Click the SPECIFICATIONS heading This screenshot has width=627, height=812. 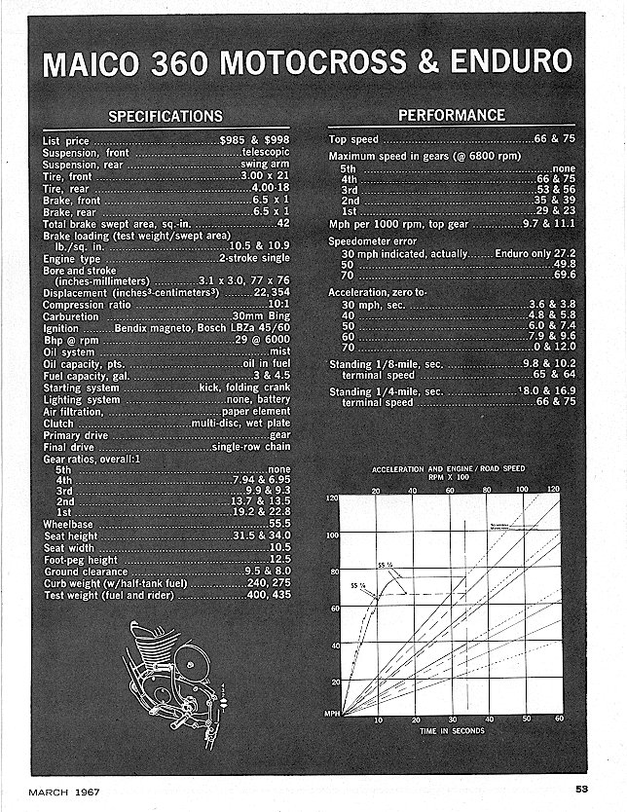click(166, 117)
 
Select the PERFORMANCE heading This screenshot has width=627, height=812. click(452, 115)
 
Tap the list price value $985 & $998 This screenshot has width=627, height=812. click(255, 141)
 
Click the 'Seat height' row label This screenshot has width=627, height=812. click(71, 536)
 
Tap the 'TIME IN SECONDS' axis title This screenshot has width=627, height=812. click(453, 730)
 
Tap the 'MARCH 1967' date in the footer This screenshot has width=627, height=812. click(63, 789)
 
